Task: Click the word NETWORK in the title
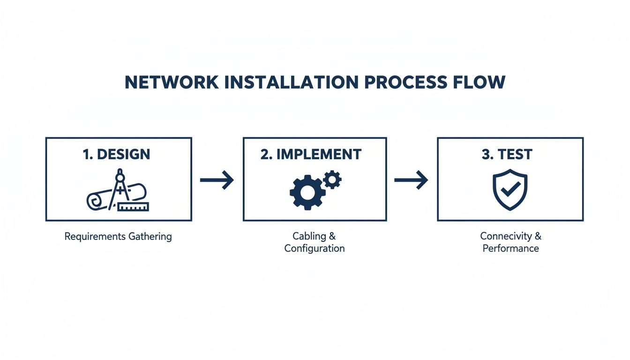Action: click(172, 82)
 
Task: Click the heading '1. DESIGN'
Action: click(116, 155)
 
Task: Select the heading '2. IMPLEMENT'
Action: click(311, 155)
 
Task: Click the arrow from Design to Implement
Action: click(217, 180)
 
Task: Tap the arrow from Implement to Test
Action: click(411, 180)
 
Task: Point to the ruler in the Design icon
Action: click(133, 206)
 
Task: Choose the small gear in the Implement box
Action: click(332, 180)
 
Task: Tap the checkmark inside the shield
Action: click(510, 188)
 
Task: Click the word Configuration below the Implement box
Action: click(315, 248)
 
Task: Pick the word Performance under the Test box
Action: click(510, 248)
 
